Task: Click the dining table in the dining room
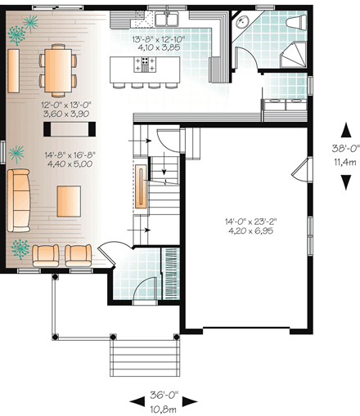coord(56,69)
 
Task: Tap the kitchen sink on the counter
coord(173,17)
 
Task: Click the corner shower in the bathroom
coord(295,56)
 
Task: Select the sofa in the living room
coord(19,200)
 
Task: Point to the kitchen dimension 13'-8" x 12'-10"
coord(160,38)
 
